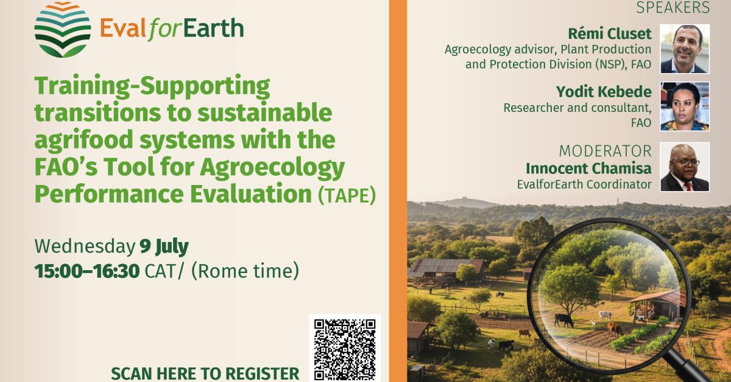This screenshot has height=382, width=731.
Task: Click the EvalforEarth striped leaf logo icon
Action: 62,29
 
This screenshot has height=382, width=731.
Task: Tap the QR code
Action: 344,349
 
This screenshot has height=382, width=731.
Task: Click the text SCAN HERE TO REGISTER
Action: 205,373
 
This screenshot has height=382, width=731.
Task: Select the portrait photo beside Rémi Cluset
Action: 685,49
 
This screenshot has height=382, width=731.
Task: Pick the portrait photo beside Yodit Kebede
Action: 685,106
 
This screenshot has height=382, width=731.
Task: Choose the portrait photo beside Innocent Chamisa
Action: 685,167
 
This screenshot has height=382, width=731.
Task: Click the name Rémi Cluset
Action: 609,33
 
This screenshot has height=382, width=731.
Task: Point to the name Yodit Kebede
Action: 603,92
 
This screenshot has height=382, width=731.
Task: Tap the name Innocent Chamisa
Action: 588,168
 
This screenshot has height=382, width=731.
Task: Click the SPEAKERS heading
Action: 673,8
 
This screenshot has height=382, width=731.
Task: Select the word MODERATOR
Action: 605,151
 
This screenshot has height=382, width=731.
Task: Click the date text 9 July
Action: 164,246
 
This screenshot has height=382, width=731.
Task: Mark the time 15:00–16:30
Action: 87,271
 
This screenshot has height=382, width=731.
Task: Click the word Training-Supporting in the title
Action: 152,87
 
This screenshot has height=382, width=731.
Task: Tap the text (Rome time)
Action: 245,271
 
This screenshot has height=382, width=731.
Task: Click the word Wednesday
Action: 84,246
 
